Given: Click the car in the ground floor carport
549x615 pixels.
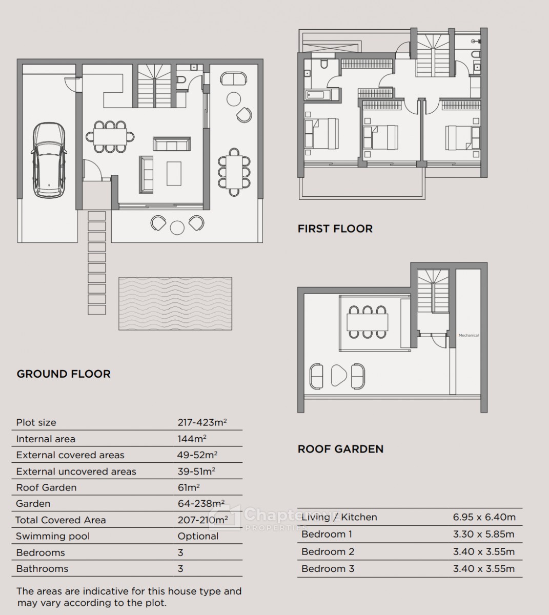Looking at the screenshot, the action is (x=49, y=160).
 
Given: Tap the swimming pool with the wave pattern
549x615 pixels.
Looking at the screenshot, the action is (x=175, y=303).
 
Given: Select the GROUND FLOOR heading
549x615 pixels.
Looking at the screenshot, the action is (x=64, y=374).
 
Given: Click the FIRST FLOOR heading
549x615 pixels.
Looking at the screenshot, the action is (x=335, y=229).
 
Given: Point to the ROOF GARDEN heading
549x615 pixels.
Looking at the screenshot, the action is (x=340, y=449).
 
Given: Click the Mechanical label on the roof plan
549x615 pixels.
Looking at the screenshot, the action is (x=469, y=335).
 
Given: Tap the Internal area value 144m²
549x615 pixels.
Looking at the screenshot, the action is (x=192, y=439).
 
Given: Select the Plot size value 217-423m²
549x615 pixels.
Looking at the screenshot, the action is (x=202, y=422).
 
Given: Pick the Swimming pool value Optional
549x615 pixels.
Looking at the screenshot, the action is (x=198, y=536).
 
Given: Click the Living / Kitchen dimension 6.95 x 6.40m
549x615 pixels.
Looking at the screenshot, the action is (x=484, y=517).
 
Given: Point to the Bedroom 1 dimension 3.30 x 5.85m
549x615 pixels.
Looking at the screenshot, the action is (x=484, y=534).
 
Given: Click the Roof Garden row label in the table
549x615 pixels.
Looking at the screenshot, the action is (x=46, y=487).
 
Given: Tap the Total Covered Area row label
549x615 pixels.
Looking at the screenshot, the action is (x=60, y=520).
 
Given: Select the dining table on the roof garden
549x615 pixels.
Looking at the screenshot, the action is (x=368, y=322).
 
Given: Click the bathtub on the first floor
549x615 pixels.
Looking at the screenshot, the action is (x=318, y=95).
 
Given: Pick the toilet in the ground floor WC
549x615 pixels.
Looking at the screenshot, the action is (x=181, y=79).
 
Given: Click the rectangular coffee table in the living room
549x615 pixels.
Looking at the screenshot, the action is (x=174, y=173).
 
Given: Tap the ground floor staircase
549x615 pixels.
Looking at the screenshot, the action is (x=155, y=86).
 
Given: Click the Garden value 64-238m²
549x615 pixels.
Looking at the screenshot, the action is (x=201, y=504).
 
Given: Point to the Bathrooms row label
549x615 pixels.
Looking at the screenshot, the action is (x=42, y=568).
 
